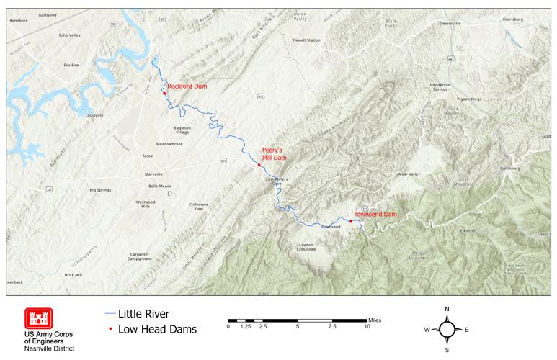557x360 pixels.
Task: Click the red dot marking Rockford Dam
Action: pos(164,93)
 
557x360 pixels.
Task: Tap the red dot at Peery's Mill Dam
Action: pos(259,166)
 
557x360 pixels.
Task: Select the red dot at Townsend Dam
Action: pos(350,221)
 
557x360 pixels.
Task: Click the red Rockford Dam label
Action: pos(187,86)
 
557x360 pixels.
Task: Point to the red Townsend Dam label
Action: pos(375,215)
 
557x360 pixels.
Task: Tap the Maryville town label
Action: pos(153,174)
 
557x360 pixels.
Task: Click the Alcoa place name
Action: pos(148,156)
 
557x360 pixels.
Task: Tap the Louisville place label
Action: pos(94,115)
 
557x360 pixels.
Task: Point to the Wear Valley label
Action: pos(409,174)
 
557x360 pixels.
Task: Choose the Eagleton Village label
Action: pos(182,130)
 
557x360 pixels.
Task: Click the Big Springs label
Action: pos(102,190)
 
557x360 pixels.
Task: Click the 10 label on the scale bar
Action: pos(367,326)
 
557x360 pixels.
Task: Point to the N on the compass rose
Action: pos(447,309)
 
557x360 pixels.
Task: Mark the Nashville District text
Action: pos(49,348)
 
